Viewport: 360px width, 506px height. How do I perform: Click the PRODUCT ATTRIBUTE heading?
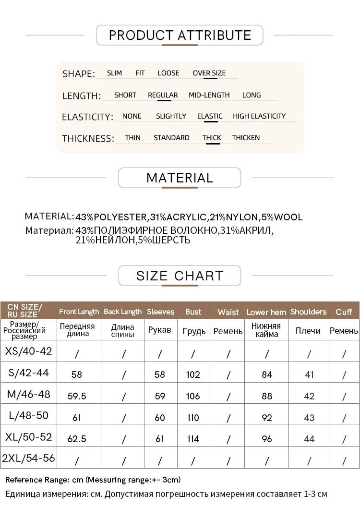(180, 35)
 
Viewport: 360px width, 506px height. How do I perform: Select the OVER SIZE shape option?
(209, 73)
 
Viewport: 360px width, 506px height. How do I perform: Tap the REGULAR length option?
(163, 95)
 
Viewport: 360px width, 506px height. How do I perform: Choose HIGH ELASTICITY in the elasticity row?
(259, 116)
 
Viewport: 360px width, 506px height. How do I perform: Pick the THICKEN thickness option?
(246, 138)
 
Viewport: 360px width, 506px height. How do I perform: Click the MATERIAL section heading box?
(180, 178)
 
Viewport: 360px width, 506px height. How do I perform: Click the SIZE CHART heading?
(180, 276)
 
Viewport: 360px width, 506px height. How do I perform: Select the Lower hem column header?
(266, 312)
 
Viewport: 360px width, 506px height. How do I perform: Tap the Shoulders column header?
(308, 312)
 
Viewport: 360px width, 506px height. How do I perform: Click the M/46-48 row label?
(29, 394)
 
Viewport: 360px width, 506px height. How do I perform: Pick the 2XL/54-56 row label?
(29, 458)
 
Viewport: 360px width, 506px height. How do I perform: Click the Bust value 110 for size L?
(193, 418)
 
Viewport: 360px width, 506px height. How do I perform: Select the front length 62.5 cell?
(77, 439)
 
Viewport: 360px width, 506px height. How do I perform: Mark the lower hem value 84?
(267, 374)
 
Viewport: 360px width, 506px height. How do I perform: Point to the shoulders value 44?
(309, 439)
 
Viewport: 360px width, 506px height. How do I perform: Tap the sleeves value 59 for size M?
(160, 396)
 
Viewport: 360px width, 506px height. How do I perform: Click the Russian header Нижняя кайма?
(266, 330)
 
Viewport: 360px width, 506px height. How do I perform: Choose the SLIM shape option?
(114, 73)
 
